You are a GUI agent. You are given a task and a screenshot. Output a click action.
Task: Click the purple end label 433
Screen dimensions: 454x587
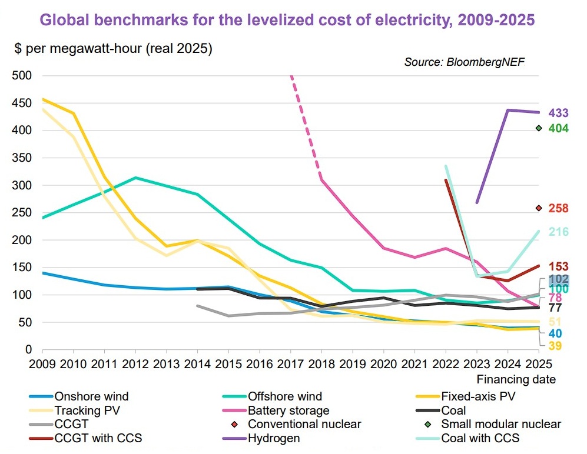click(558, 113)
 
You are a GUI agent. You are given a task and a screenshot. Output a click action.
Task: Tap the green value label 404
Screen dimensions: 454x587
click(558, 128)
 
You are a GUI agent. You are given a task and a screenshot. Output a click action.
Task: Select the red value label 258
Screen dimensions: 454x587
click(558, 208)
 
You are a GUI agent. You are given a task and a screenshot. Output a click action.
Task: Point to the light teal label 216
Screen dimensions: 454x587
click(558, 232)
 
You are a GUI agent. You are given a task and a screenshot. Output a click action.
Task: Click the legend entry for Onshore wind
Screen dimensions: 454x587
click(91, 396)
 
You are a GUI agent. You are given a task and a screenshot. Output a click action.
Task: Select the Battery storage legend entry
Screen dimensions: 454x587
click(288, 410)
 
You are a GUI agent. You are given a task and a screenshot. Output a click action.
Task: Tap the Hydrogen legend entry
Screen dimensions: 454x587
click(274, 438)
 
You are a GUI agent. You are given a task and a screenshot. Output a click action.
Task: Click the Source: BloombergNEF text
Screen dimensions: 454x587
click(463, 62)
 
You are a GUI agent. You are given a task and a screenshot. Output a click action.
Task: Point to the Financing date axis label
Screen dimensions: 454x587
click(516, 379)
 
